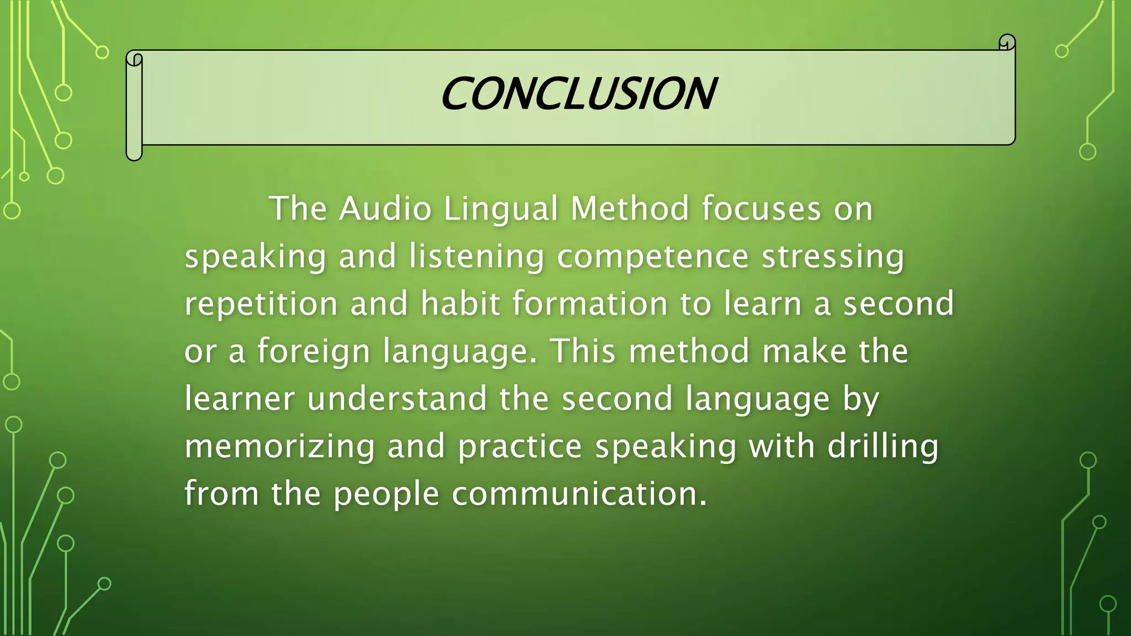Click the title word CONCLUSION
point(578,94)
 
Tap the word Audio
point(385,209)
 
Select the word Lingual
point(501,210)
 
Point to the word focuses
point(762,209)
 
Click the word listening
point(477,257)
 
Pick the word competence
point(653,257)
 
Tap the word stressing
point(833,257)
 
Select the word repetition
point(261,305)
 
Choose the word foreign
point(314,352)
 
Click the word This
point(583,351)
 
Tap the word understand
point(397,399)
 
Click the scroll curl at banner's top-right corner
point(1007,43)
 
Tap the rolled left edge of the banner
point(134,105)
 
